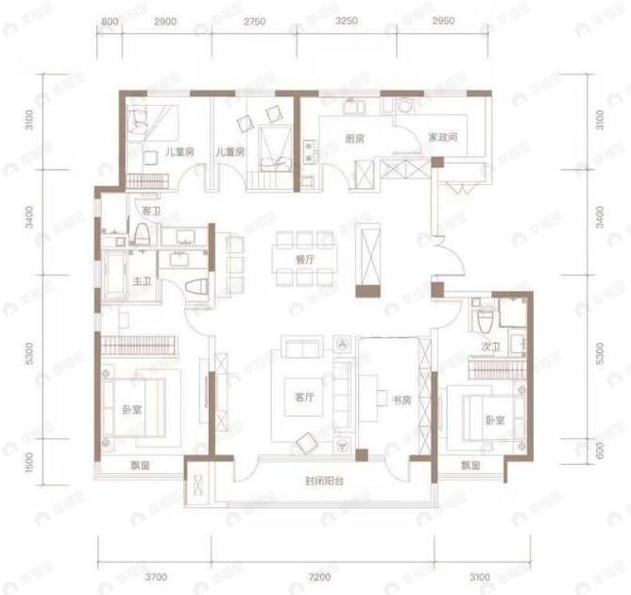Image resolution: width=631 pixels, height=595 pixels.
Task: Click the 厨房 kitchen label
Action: (354, 139)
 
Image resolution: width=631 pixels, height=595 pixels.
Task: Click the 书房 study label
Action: (401, 400)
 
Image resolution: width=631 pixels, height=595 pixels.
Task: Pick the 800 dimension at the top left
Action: (109, 20)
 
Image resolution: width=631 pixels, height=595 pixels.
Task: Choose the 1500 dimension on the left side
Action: (30, 463)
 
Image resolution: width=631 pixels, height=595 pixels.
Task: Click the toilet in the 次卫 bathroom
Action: (483, 312)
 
